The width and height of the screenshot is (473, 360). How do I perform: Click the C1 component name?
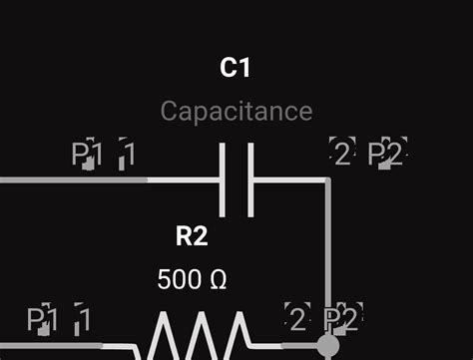click(235, 68)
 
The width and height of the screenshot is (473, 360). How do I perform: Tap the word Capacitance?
click(236, 111)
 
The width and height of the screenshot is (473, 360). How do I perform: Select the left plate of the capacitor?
click(222, 180)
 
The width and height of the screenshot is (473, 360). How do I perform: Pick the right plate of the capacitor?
click(249, 180)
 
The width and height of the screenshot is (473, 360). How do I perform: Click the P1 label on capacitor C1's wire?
click(88, 154)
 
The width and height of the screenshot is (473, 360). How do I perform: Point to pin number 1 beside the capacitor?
click(128, 154)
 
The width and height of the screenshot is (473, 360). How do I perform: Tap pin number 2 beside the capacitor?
click(342, 154)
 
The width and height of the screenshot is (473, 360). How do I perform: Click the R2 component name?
click(192, 236)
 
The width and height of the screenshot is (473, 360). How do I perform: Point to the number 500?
click(178, 280)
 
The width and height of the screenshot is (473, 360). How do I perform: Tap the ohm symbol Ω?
click(218, 280)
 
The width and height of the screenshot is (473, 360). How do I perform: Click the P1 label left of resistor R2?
click(43, 319)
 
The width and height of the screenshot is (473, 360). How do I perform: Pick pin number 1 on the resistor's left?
click(84, 319)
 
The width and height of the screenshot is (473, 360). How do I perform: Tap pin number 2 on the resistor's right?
click(297, 319)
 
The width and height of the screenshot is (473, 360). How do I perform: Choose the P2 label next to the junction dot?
click(341, 319)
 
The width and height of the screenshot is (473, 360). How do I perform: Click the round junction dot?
click(327, 346)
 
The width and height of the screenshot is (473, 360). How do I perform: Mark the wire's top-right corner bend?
click(326, 180)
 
